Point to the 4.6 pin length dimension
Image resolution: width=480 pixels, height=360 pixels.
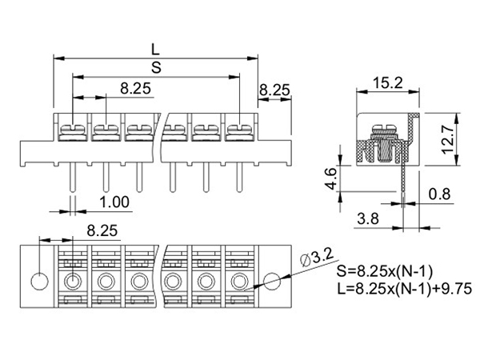point(330,177)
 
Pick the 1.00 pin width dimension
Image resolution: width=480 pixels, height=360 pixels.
point(115,201)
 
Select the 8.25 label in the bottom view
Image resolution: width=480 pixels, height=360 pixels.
point(101,230)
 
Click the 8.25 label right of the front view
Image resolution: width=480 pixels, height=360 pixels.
point(275,90)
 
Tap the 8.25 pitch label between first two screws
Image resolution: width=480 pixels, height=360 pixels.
point(137,89)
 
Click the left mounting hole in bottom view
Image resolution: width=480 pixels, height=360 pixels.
point(37,282)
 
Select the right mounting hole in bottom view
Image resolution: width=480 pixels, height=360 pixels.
point(272,281)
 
